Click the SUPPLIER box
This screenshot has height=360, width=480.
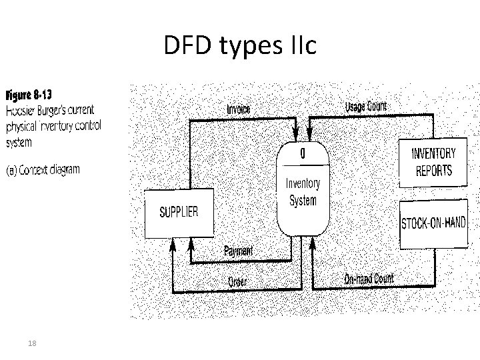pos(178,213)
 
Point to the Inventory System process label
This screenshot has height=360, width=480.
pos(303,191)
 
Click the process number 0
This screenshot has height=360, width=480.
pos(303,153)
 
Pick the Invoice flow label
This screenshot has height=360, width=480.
pos(238,109)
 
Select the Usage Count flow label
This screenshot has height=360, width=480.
pos(365,107)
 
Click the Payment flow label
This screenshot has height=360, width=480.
pos(238,251)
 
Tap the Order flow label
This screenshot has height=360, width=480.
pos(237,282)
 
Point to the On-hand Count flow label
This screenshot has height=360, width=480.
pos(369,279)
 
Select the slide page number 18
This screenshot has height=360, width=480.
pos(31,343)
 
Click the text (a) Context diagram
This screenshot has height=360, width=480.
pos(43,169)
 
